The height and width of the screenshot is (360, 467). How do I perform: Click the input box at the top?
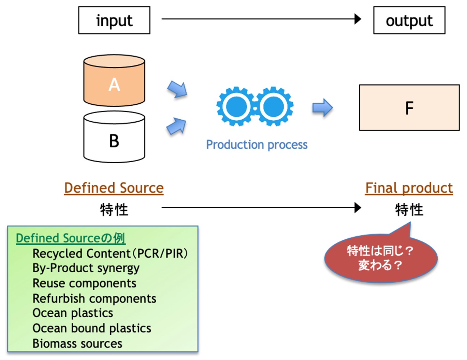tap(114, 20)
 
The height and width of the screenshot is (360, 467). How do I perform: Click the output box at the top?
tap(409, 20)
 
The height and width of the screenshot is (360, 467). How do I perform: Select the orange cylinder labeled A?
tap(114, 81)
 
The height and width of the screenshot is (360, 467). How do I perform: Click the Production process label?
tap(257, 145)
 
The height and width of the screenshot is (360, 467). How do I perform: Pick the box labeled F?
tap(409, 108)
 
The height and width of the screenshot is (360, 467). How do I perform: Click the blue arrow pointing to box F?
tap(322, 108)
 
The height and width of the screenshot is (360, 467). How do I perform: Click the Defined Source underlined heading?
tap(114, 188)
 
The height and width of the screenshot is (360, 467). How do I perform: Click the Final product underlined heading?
tap(409, 188)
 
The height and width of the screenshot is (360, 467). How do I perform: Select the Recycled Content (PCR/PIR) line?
tap(110, 253)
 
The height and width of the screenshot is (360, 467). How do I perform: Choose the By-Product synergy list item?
tap(86, 268)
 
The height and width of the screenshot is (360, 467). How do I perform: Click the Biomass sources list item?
tap(77, 343)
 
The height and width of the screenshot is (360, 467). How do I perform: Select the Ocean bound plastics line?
tap(92, 328)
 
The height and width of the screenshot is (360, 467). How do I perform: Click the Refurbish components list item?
tap(94, 298)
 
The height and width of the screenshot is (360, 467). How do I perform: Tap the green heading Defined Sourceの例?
tap(70, 238)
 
